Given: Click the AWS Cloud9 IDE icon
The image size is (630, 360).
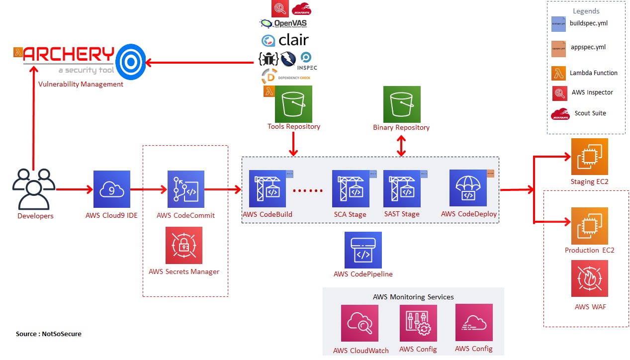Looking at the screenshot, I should click(111, 189).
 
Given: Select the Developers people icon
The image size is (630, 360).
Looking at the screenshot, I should click(34, 189).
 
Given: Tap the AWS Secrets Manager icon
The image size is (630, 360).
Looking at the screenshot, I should click(183, 245).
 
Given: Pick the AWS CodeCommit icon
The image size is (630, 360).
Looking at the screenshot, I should click(185, 189).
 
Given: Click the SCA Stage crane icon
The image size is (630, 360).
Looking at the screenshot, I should click(351, 189).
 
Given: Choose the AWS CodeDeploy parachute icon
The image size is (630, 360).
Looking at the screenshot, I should click(467, 188).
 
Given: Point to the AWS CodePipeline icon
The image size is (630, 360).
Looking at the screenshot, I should click(363, 250).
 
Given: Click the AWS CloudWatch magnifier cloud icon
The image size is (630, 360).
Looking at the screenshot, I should click(359, 323).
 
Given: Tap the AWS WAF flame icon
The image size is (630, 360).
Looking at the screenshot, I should click(589, 278).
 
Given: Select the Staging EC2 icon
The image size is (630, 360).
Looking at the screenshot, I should click(589, 157).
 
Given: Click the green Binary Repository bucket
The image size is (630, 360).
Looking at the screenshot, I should click(401, 104).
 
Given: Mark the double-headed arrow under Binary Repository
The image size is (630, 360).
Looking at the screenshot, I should click(401, 145).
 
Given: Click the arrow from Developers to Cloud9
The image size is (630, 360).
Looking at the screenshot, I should click(75, 189).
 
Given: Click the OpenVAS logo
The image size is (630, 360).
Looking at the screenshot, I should click(283, 23).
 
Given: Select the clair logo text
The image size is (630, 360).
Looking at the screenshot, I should click(285, 40).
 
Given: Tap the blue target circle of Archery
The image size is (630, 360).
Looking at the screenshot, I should click(130, 62).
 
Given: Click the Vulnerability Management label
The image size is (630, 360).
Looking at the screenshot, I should click(81, 85).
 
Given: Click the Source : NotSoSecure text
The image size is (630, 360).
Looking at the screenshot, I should click(49, 334).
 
